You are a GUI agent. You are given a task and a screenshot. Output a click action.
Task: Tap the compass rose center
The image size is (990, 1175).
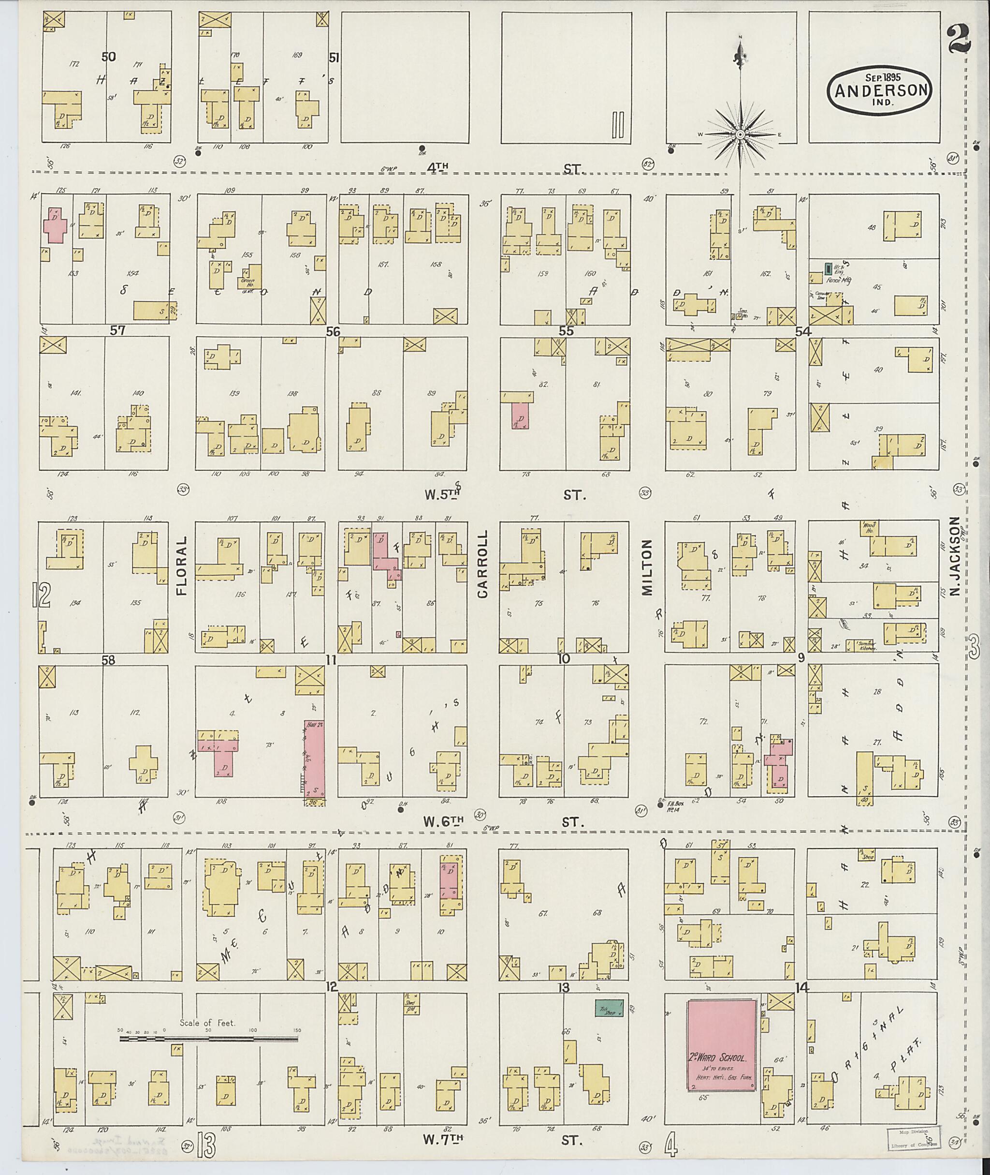tap(740, 135)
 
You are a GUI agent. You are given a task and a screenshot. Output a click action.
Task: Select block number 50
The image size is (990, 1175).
tap(109, 56)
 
